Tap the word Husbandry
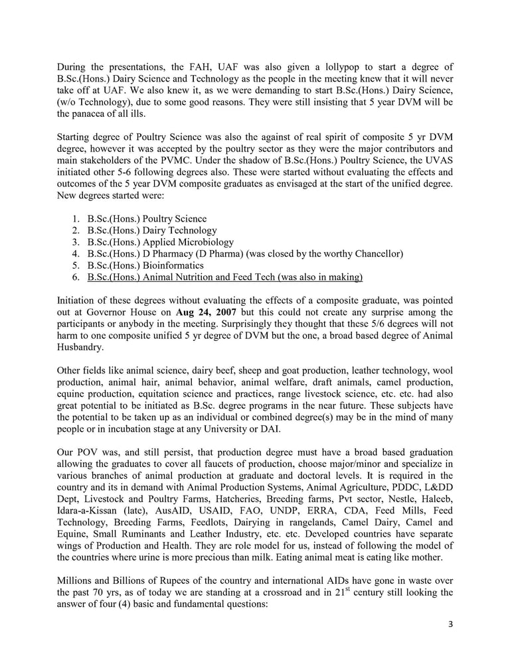tap(80, 347)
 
